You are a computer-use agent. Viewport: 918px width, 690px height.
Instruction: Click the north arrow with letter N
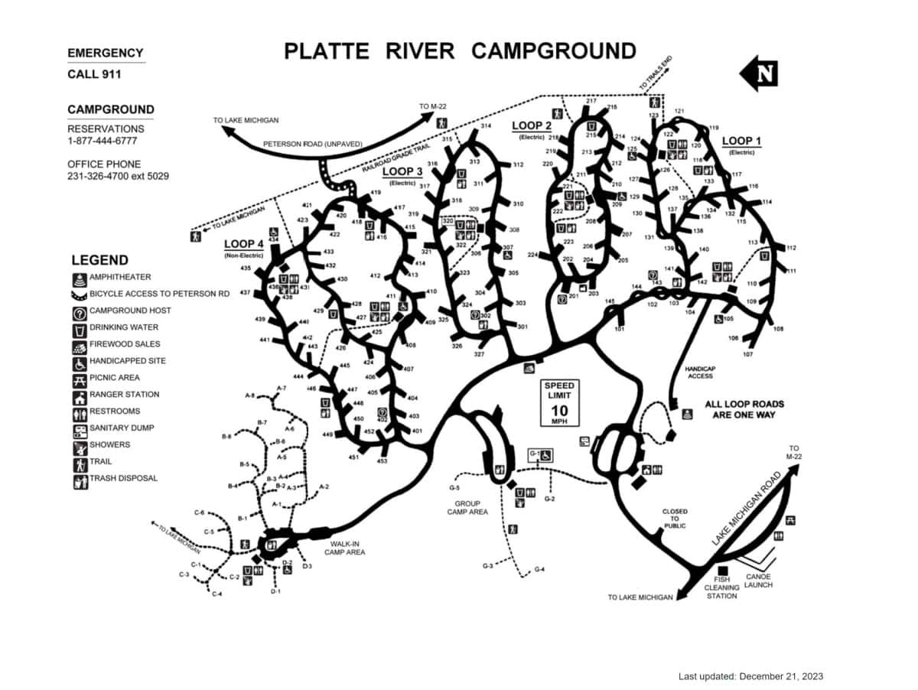759,73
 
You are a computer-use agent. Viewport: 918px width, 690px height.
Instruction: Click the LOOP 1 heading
742,141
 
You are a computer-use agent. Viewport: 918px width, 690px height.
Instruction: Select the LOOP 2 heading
532,125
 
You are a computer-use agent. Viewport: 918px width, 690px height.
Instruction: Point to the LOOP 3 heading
402,172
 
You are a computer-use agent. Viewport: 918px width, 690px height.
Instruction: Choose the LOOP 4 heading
244,244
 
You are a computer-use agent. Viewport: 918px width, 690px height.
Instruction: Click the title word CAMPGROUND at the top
553,51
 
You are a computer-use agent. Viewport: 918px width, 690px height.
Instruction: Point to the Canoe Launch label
759,581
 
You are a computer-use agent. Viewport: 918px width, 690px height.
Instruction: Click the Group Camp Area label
467,508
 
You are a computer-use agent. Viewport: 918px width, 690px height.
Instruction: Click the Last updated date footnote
750,676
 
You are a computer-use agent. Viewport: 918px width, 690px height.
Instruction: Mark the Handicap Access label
700,372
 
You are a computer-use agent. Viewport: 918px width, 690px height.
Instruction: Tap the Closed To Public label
675,519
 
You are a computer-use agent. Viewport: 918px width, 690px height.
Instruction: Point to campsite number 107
748,354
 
